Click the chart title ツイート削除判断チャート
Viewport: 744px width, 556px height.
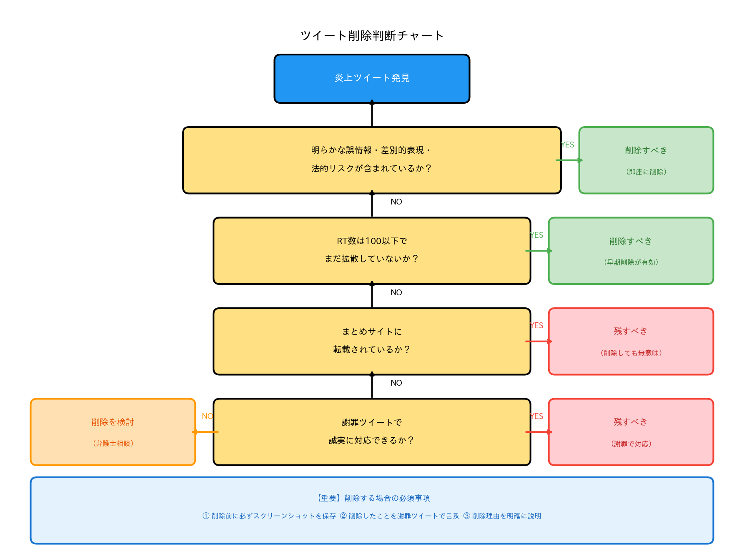tap(372, 36)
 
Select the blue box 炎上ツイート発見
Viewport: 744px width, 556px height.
tap(372, 78)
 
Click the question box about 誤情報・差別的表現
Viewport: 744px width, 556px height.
tap(372, 160)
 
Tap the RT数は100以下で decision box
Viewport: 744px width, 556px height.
tap(372, 250)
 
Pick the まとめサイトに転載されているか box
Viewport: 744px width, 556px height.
tap(372, 341)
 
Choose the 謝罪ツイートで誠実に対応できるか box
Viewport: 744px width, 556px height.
tap(372, 432)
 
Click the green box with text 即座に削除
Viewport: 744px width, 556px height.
tap(646, 160)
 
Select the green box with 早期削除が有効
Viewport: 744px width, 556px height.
tap(631, 251)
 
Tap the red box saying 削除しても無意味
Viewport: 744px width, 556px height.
tap(631, 342)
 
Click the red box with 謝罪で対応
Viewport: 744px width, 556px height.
tap(631, 432)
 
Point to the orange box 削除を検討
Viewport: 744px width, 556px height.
tap(113, 432)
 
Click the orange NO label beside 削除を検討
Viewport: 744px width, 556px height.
tap(207, 416)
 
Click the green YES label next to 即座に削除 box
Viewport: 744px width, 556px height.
tap(567, 145)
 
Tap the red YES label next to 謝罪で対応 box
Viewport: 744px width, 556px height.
tap(537, 416)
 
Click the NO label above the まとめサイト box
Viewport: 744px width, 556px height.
tap(396, 292)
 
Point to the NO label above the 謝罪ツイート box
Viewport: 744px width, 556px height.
tap(396, 383)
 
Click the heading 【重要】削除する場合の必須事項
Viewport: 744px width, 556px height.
tap(372, 498)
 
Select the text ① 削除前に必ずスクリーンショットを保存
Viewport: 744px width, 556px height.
tap(269, 516)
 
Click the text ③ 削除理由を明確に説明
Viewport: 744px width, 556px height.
tap(502, 516)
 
